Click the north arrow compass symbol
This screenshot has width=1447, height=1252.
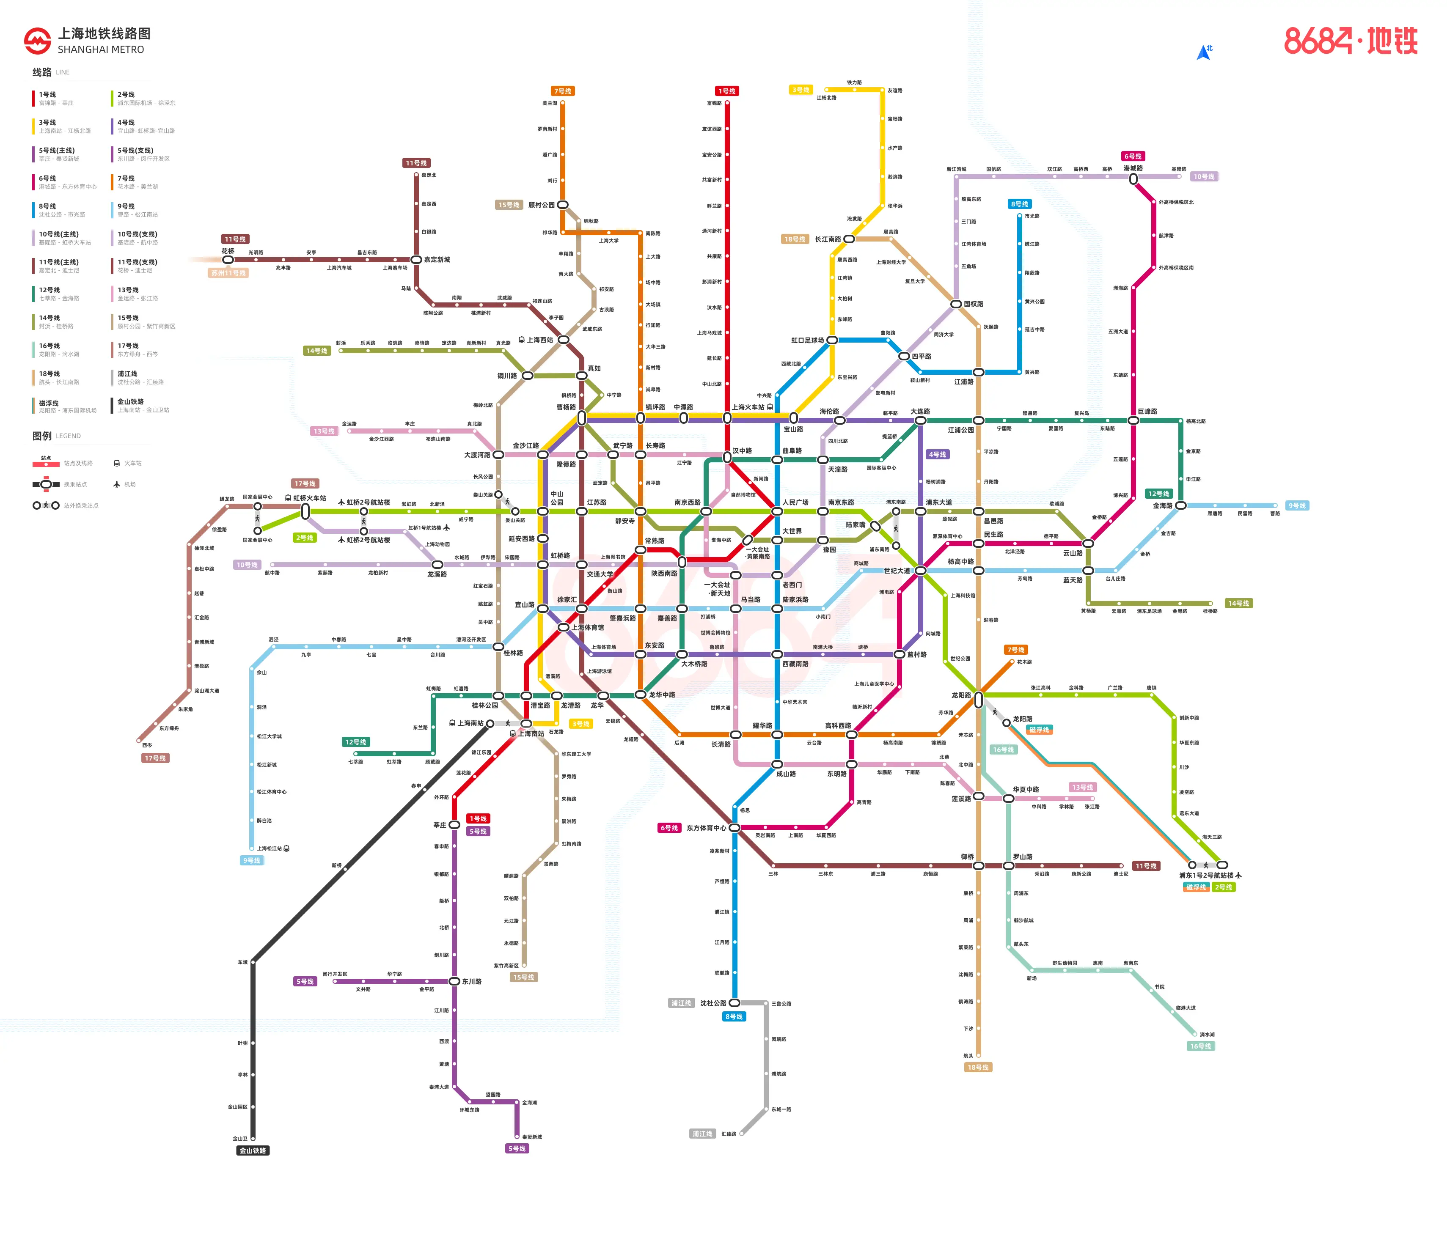pyautogui.click(x=1203, y=52)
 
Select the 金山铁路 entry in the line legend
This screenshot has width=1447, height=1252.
pyautogui.click(x=131, y=402)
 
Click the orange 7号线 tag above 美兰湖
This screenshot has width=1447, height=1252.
pyautogui.click(x=562, y=91)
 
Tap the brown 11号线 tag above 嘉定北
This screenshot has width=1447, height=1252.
pyautogui.click(x=416, y=163)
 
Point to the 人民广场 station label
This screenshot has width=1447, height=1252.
pyautogui.click(x=795, y=502)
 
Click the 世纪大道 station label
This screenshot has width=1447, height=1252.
pyautogui.click(x=897, y=571)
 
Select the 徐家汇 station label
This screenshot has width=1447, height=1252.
pyautogui.click(x=567, y=599)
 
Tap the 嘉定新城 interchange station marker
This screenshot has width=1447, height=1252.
pyautogui.click(x=416, y=260)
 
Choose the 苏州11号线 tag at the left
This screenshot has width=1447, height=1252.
pyautogui.click(x=228, y=273)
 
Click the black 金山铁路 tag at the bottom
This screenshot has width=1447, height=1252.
pyautogui.click(x=253, y=1150)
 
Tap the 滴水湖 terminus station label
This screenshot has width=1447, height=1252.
pyautogui.click(x=1208, y=1035)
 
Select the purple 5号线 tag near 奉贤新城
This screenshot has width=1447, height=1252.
pyautogui.click(x=517, y=1149)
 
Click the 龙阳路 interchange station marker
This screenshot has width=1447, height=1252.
pyautogui.click(x=979, y=699)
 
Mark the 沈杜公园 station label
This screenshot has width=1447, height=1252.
pyautogui.click(x=712, y=1003)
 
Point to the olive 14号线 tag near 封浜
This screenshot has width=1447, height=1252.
pyautogui.click(x=316, y=351)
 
